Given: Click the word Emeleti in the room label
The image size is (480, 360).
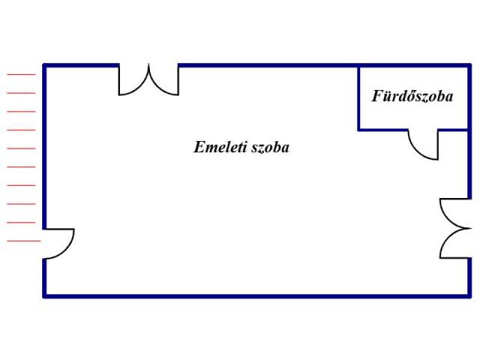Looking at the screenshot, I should click(218, 147).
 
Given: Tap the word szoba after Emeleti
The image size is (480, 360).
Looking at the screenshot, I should click(268, 147).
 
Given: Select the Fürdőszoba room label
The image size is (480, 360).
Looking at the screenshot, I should click(412, 97).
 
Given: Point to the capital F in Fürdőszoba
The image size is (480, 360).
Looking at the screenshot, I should click(376, 96).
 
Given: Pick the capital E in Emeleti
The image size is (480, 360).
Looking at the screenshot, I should click(198, 147).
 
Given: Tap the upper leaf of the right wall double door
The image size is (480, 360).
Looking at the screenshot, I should click(454, 213).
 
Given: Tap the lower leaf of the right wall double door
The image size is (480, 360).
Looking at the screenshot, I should click(454, 244).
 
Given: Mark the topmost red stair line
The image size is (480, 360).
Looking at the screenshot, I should click(20, 74).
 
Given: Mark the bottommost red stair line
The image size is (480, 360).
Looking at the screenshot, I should click(20, 241).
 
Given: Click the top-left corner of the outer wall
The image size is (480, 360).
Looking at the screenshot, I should click(45, 66).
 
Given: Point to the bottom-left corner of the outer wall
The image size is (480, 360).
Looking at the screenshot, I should click(45, 295).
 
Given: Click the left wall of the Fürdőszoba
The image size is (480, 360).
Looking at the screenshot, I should click(358, 97).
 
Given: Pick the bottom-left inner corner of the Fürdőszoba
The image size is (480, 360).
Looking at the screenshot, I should click(358, 130).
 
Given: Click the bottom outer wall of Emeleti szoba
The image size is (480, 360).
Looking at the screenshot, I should click(255, 295).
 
